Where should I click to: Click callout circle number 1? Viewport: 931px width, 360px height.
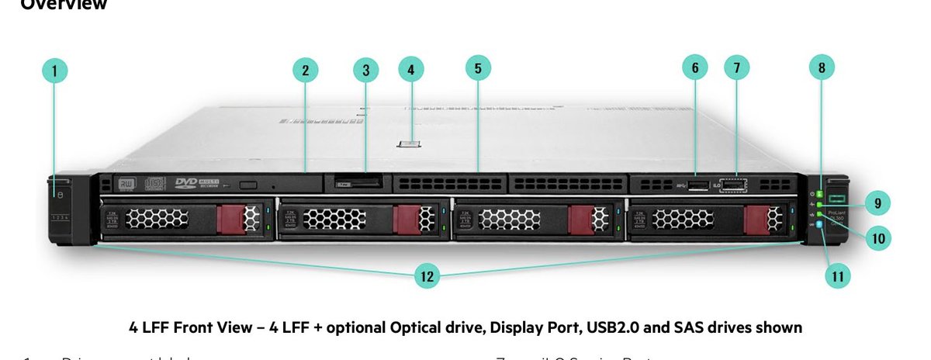point(54,71)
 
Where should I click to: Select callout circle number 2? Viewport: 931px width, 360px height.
point(306,70)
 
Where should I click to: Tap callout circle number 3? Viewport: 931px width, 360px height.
point(365,70)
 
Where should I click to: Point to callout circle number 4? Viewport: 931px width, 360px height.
point(411,69)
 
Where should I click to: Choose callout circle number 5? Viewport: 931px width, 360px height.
point(478,68)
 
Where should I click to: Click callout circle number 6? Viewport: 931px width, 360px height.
point(695,68)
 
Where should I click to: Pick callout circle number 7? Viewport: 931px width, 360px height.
point(737,68)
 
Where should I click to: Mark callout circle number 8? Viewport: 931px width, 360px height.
point(822,68)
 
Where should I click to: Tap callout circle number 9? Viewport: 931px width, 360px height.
point(877,203)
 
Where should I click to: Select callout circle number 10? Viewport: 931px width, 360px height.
point(878,237)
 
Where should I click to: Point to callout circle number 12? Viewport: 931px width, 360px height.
point(427,275)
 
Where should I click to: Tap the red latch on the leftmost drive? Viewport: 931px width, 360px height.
point(230,218)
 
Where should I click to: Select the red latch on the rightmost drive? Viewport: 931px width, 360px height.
point(756,219)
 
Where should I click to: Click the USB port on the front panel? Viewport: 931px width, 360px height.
point(695,185)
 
